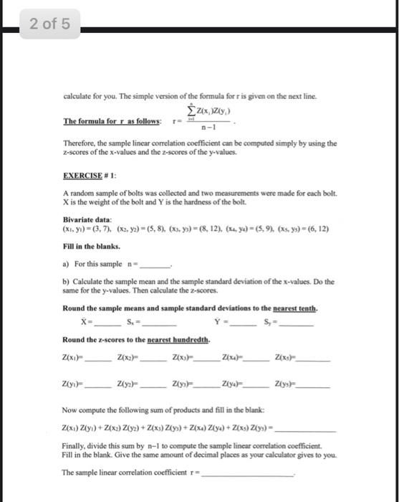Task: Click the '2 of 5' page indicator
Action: pyautogui.click(x=50, y=25)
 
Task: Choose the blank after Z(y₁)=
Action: pyautogui.click(x=99, y=387)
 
